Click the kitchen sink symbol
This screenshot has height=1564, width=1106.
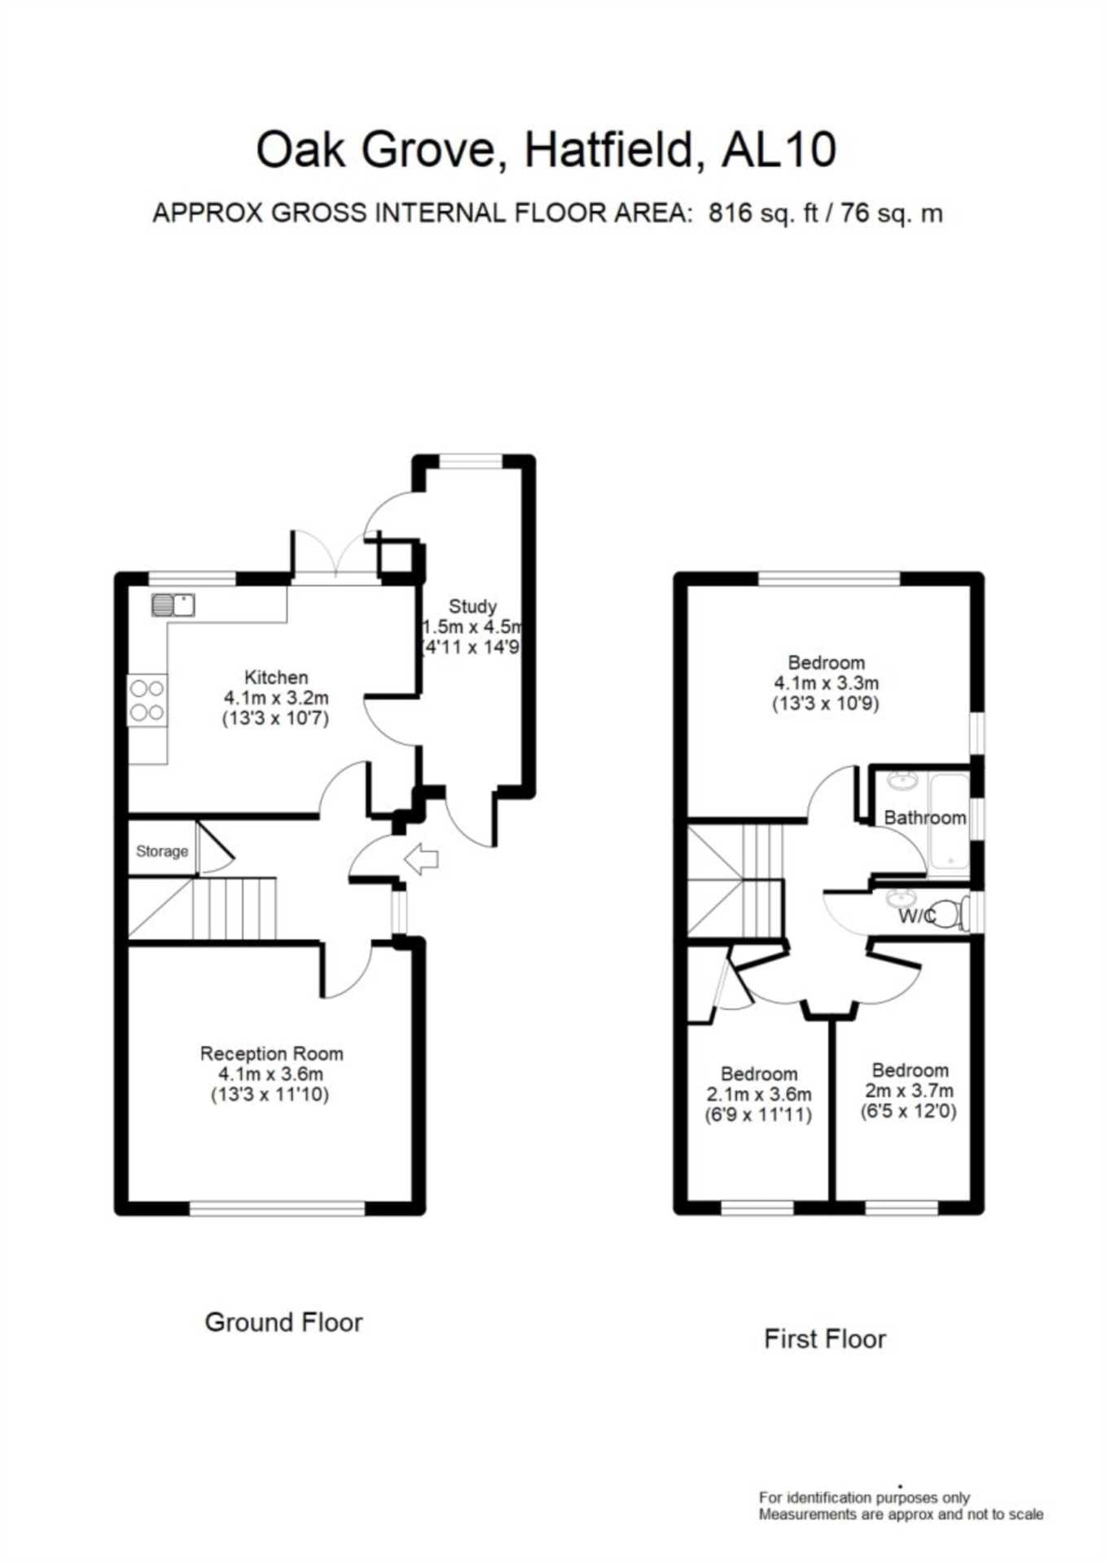click(173, 605)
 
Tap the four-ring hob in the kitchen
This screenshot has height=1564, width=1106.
click(147, 701)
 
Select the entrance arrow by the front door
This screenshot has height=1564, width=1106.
click(422, 859)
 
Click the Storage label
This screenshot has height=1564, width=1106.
click(162, 851)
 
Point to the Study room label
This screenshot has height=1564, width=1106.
click(472, 606)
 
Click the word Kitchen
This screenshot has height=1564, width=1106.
click(276, 677)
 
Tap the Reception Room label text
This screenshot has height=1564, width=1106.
click(271, 1053)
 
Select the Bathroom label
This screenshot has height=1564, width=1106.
click(925, 817)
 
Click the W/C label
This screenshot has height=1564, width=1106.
click(917, 916)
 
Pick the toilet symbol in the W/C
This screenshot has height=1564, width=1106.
click(950, 913)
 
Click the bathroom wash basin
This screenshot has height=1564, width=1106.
click(902, 780)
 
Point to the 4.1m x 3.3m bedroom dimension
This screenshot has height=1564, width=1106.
click(826, 683)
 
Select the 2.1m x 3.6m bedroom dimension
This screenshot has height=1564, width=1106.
click(758, 1094)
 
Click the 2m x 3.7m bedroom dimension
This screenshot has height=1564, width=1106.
click(909, 1090)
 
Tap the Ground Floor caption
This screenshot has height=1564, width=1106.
click(283, 1321)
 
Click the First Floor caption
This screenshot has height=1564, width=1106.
click(825, 1338)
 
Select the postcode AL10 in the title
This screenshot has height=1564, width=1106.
click(779, 150)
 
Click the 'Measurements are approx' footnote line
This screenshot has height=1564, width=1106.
click(901, 1514)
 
